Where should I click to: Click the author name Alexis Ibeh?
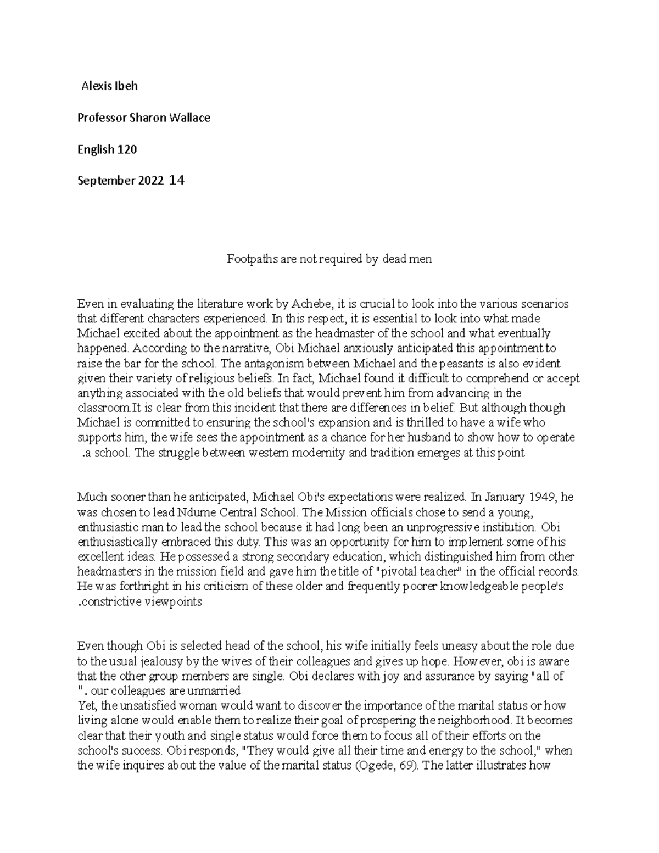point(109,86)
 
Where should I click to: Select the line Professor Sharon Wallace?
point(144,118)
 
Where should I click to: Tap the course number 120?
point(127,149)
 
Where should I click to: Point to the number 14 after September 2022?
point(177,180)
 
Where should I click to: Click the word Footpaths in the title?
point(248,259)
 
